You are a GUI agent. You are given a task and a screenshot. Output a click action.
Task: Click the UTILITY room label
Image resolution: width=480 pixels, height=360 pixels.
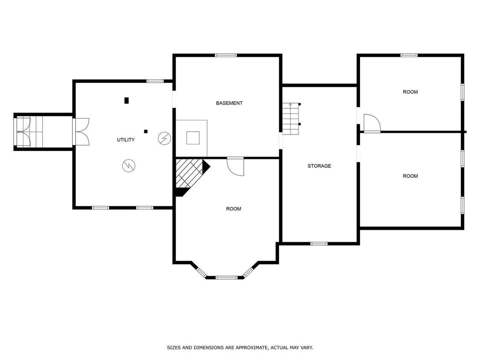pyautogui.click(x=126, y=140)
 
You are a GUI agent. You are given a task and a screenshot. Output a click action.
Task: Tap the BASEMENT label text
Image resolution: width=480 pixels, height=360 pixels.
pyautogui.click(x=229, y=103)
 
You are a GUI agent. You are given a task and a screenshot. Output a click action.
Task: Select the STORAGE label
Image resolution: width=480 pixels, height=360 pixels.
pyautogui.click(x=319, y=166)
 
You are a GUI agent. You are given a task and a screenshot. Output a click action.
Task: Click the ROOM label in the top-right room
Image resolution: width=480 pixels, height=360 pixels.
pyautogui.click(x=410, y=92)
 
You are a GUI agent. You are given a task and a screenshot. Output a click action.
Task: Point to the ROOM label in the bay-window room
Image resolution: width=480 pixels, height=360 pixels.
pyautogui.click(x=233, y=209)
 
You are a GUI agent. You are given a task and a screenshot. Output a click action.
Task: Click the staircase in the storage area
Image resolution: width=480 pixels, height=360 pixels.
pyautogui.click(x=291, y=118)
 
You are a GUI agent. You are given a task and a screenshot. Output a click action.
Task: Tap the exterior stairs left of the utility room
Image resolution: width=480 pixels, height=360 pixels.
pyautogui.click(x=30, y=132)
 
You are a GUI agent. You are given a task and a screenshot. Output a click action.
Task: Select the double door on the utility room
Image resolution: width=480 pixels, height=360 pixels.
pyautogui.click(x=81, y=131)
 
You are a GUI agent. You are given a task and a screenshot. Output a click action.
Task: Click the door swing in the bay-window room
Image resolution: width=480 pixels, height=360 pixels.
pyautogui.click(x=236, y=167)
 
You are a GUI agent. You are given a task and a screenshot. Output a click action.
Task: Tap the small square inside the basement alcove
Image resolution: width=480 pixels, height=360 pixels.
pyautogui.click(x=193, y=138)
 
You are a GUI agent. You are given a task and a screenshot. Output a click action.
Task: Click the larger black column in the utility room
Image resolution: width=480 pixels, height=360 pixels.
pyautogui.click(x=127, y=100)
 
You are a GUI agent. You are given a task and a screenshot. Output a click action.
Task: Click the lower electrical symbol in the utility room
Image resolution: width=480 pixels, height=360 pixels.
pyautogui.click(x=128, y=165)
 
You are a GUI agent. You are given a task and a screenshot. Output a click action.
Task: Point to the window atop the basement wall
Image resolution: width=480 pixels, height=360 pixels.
pyautogui.click(x=226, y=55)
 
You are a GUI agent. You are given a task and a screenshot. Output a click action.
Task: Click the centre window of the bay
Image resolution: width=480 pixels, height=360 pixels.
pyautogui.click(x=226, y=277)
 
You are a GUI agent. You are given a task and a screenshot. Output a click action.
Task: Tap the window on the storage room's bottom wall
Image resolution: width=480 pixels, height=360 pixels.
pyautogui.click(x=319, y=243)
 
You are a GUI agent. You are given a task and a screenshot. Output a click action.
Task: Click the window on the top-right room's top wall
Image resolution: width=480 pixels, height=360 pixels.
pyautogui.click(x=409, y=55)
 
